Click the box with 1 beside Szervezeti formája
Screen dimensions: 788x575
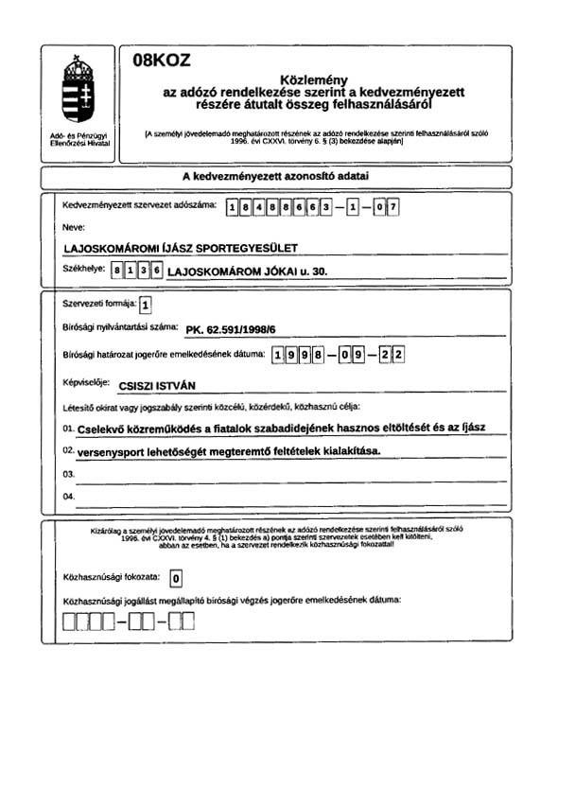[144, 306]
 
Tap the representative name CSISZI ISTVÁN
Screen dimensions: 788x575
[166, 386]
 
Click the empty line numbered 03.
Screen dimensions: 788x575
[284, 474]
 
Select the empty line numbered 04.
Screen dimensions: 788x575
[284, 498]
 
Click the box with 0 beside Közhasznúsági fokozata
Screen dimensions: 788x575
[176, 577]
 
